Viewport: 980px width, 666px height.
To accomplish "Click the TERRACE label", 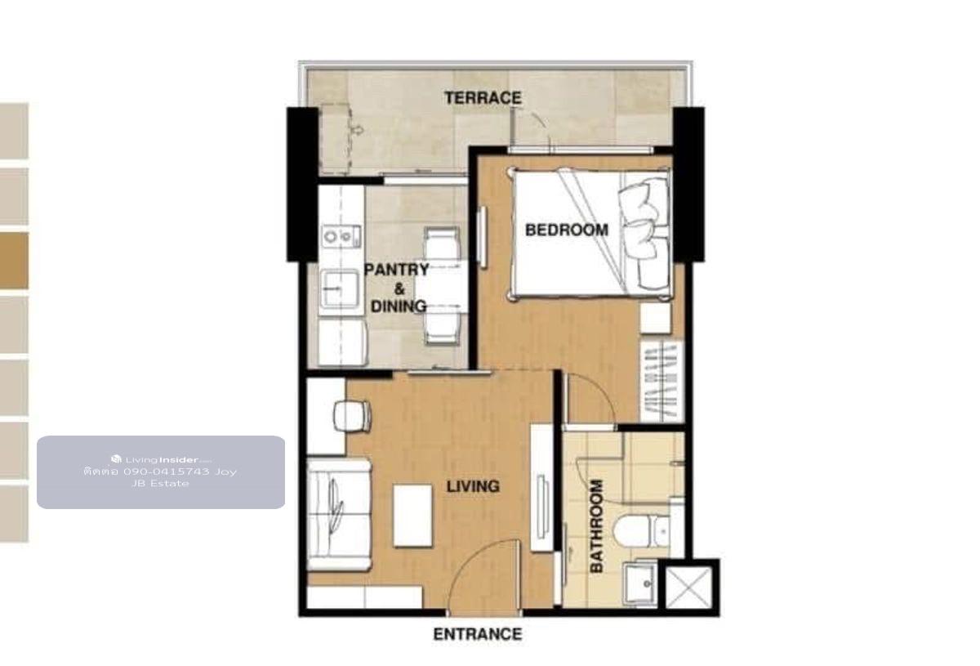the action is (x=483, y=97).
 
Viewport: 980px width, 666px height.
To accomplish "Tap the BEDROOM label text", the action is (x=567, y=230).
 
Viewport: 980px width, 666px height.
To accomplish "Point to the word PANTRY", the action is (x=396, y=270).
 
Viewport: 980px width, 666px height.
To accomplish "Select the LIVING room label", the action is (x=473, y=486).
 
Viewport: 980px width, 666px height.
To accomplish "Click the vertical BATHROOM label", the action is (x=597, y=526).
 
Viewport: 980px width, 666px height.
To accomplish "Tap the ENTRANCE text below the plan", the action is (x=478, y=634).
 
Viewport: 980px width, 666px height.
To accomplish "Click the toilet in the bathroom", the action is (x=641, y=531).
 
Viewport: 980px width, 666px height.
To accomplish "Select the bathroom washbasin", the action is (x=639, y=582).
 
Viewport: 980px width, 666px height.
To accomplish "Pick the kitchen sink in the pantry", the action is (x=341, y=288).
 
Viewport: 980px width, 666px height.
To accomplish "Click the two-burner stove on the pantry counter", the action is (x=341, y=237).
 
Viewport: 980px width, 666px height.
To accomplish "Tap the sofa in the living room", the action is (x=339, y=515).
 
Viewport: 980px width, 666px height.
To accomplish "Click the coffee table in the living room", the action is (x=412, y=516).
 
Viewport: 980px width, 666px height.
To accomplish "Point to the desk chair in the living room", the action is (x=353, y=415).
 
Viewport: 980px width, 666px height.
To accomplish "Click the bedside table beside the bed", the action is (x=655, y=318).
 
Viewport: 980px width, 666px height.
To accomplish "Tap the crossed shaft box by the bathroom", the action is (x=689, y=588).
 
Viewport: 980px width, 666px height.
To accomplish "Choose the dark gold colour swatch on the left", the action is (x=14, y=261).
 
